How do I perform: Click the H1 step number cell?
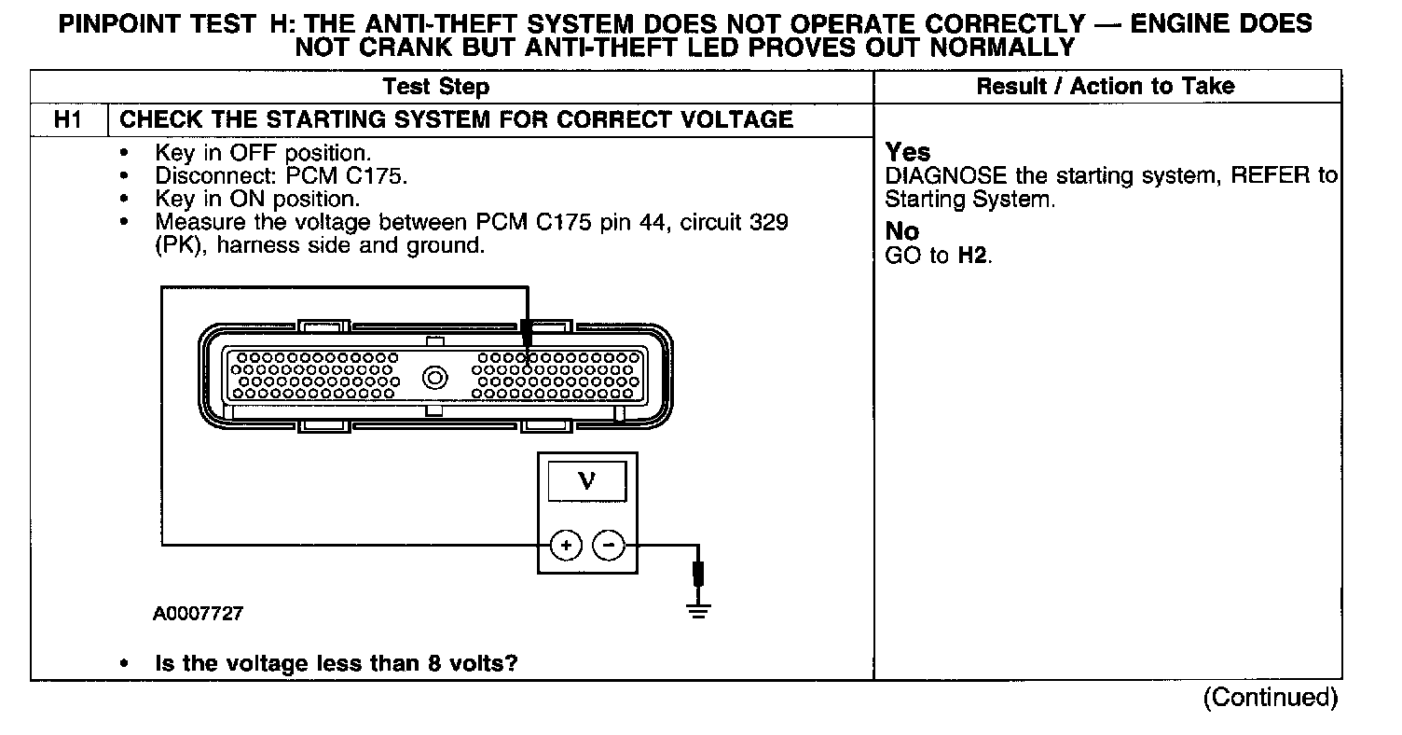coord(69,119)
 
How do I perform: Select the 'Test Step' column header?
coord(435,87)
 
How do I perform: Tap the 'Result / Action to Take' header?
coord(1105,87)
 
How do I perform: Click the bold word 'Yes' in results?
coord(908,152)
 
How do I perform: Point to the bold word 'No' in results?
coord(902,231)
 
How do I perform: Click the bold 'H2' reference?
coord(973,256)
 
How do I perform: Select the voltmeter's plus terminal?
coord(566,545)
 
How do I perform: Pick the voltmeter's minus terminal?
coord(609,545)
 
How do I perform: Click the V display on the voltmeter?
coord(586,482)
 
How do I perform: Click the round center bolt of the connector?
coord(435,379)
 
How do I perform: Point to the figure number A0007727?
coord(199,615)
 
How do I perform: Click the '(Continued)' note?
coord(1271,697)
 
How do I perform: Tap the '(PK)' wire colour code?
coord(174,246)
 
